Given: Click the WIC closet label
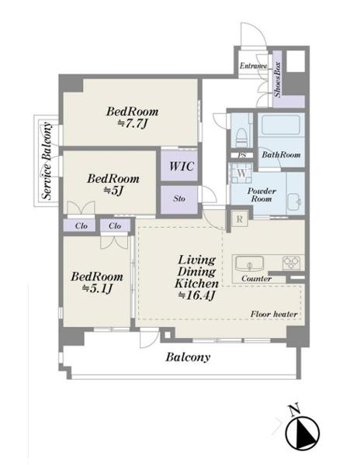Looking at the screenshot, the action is (x=182, y=166).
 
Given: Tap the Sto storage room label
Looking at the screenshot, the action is (x=179, y=198).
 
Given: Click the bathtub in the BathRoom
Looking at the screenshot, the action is (x=281, y=125).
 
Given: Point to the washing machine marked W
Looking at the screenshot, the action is (x=241, y=173).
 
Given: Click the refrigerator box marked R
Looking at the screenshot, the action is (x=240, y=219).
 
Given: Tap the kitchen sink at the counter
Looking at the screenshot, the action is (x=249, y=263).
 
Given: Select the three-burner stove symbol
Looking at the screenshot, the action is (x=292, y=263).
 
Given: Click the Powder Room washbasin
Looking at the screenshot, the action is (x=294, y=201).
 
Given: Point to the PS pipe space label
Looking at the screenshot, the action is (x=242, y=155).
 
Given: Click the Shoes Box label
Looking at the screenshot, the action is (x=278, y=80).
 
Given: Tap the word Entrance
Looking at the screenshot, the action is (x=253, y=66).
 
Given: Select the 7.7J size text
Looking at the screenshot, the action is (x=133, y=124).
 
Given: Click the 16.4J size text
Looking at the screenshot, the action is (x=196, y=295).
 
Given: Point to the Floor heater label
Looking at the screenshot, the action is (x=274, y=314).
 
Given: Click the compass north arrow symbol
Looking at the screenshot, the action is (x=302, y=432).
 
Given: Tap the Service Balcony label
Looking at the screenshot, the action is (x=47, y=161).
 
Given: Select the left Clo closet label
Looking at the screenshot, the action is (x=81, y=226).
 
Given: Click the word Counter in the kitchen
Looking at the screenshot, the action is (x=256, y=278).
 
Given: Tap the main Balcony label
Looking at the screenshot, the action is (x=188, y=357).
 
